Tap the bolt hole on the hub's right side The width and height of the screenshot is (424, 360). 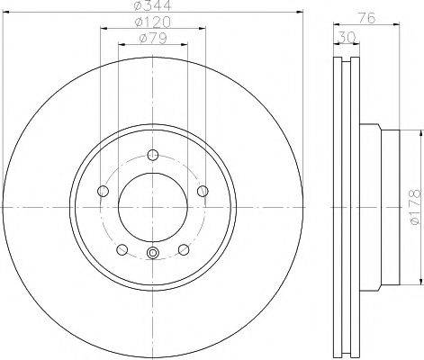pyautogui.click(x=203, y=190)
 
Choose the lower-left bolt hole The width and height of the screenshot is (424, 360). pyautogui.click(x=121, y=249)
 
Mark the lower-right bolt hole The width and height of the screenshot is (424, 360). pyautogui.click(x=184, y=249)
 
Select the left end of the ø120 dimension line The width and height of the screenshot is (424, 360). pyautogui.click(x=100, y=29)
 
